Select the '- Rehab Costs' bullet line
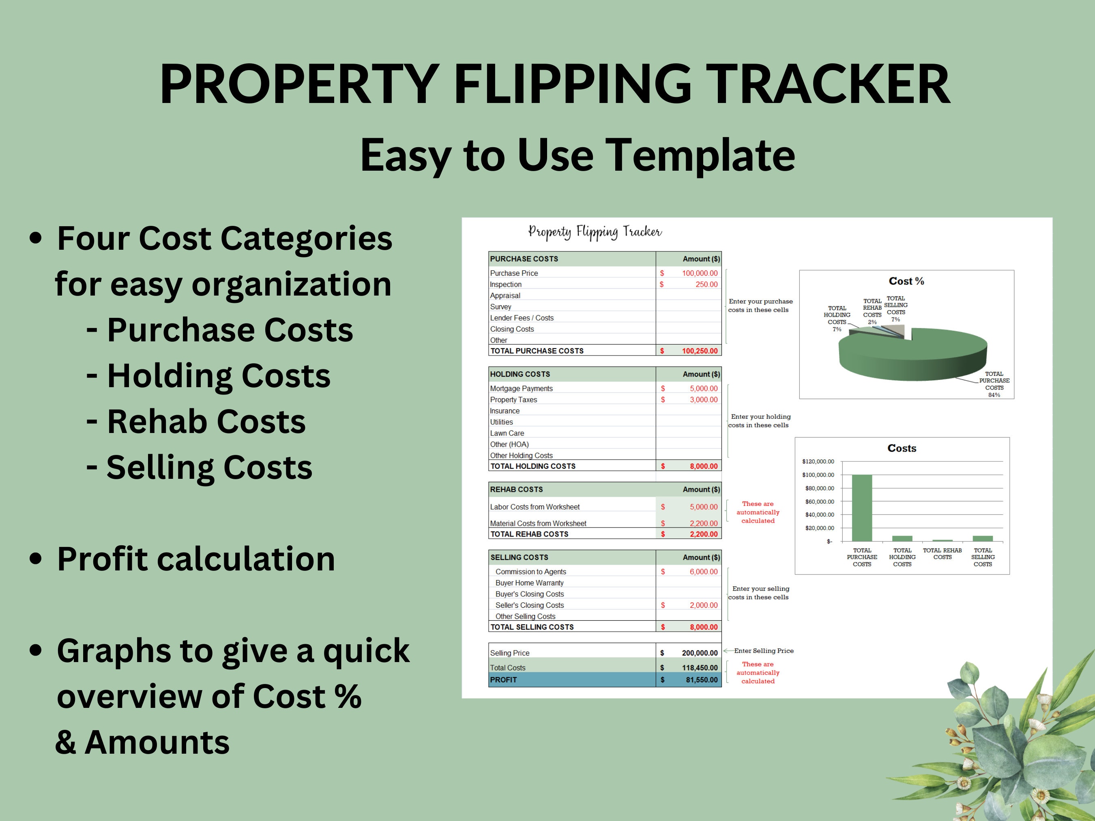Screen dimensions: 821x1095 click(196, 422)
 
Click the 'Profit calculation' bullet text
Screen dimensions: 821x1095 click(196, 559)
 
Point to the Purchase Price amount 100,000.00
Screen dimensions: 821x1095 click(700, 273)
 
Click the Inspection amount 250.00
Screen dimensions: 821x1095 click(706, 285)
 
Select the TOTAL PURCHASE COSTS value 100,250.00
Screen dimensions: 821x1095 click(700, 351)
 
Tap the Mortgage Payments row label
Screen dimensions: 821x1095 click(521, 388)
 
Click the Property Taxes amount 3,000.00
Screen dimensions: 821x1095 click(703, 400)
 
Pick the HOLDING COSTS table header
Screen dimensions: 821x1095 click(520, 374)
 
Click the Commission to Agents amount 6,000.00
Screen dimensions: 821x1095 click(703, 572)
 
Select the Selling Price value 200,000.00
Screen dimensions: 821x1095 click(700, 653)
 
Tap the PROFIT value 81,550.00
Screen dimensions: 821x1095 click(702, 680)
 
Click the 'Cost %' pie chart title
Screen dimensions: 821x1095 click(906, 281)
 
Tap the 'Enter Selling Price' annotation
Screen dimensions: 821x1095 click(764, 651)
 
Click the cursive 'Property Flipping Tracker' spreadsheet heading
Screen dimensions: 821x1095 click(595, 232)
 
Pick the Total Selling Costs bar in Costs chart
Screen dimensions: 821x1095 click(983, 538)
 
